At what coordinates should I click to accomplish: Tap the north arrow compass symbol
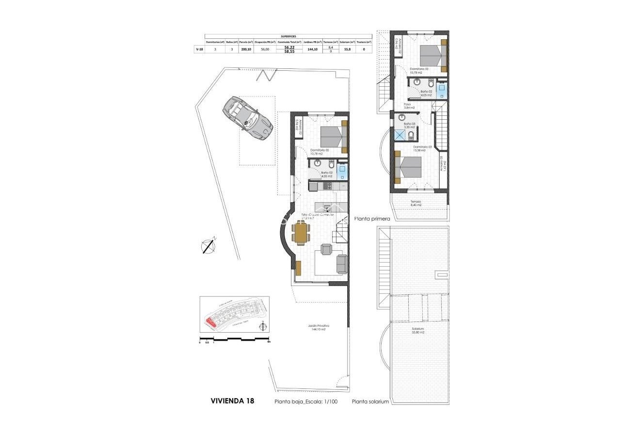[208, 246]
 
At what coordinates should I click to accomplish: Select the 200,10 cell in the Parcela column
[246, 49]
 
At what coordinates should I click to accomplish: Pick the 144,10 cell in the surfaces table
[312, 49]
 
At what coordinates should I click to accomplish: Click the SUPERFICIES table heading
[288, 36]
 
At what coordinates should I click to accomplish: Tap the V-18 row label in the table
[199, 49]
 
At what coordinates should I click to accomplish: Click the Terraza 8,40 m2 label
[416, 203]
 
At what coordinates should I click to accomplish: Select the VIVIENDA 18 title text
[232, 401]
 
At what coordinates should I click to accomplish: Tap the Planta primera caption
[372, 219]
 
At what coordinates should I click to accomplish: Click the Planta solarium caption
[370, 402]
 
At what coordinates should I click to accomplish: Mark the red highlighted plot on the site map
[210, 321]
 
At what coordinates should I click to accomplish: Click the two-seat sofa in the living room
[342, 263]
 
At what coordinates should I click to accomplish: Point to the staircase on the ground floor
[340, 231]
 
